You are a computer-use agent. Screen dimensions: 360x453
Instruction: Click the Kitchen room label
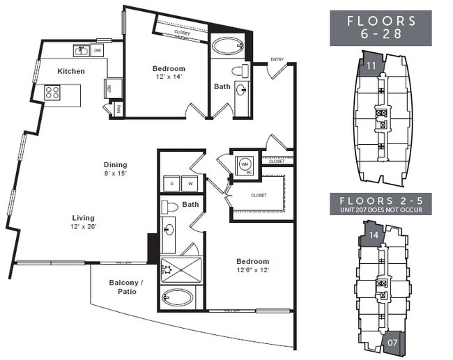[x=71, y=71]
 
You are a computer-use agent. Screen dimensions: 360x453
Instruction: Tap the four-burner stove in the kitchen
[x=53, y=93]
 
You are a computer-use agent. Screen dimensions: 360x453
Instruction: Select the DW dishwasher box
[x=98, y=50]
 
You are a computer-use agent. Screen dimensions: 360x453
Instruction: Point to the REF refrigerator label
[x=109, y=88]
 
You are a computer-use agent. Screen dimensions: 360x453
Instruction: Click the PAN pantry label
[x=118, y=109]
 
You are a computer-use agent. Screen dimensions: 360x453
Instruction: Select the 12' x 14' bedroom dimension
[x=169, y=78]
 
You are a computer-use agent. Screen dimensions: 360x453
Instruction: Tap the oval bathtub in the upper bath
[x=227, y=47]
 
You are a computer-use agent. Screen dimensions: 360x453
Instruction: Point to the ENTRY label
[x=277, y=59]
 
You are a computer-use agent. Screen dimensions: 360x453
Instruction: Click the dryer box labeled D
[x=171, y=184]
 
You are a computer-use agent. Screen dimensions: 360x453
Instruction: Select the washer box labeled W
[x=190, y=184]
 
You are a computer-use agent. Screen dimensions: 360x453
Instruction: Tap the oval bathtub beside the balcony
[x=178, y=297]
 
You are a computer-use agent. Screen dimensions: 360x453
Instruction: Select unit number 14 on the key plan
[x=374, y=235]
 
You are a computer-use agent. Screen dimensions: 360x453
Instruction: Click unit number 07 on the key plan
[x=393, y=343]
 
